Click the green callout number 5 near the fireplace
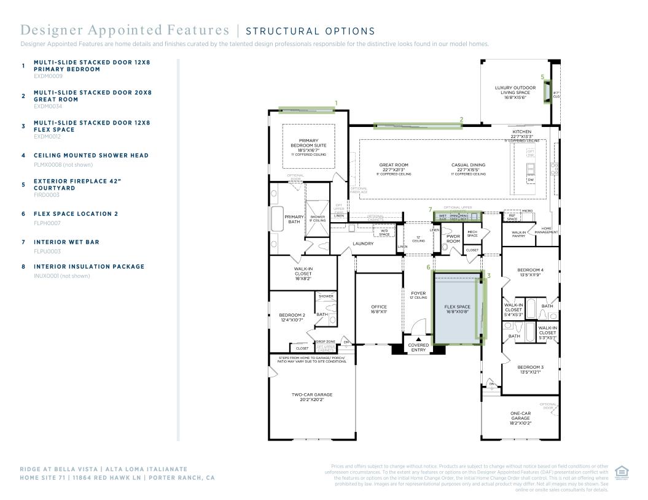click(x=542, y=77)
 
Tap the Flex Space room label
click(x=457, y=309)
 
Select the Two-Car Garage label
click(x=311, y=397)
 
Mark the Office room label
click(x=379, y=309)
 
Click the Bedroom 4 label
click(x=530, y=272)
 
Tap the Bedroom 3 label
click(x=530, y=369)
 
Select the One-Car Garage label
click(x=520, y=418)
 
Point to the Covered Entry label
click(x=418, y=347)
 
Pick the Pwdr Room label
click(x=453, y=239)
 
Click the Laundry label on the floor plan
click(x=363, y=244)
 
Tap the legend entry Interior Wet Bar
click(x=66, y=242)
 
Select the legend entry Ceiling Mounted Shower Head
click(x=91, y=155)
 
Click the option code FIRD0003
click(x=47, y=195)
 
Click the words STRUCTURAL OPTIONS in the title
click(x=310, y=31)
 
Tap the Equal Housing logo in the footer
click(x=622, y=473)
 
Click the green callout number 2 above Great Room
click(x=461, y=119)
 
